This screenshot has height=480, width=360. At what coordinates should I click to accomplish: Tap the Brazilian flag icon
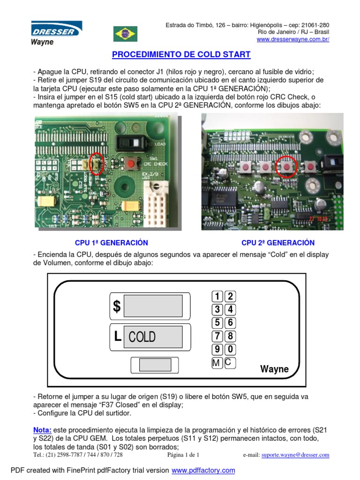point(125,34)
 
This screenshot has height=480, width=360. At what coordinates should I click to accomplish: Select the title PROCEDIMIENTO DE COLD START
point(181,55)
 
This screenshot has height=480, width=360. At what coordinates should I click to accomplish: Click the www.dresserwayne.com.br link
point(293,39)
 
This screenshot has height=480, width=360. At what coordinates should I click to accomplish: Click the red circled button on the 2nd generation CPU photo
point(285,166)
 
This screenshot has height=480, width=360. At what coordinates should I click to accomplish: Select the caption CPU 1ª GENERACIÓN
point(112,243)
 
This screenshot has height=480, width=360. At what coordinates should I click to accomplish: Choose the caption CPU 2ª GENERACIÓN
point(278,243)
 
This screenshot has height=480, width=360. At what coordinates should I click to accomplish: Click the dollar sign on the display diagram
point(117,307)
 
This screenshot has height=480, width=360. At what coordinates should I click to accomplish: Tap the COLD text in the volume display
point(142,337)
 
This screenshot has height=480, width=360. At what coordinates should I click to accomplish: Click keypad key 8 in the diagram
point(230,336)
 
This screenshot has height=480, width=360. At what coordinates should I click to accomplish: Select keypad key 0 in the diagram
point(230,349)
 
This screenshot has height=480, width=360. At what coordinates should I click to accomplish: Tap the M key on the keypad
point(217,363)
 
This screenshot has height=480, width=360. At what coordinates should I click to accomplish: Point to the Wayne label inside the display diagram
point(275,369)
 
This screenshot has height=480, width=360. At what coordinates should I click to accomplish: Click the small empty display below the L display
point(155,365)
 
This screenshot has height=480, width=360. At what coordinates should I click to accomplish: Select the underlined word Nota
point(42,429)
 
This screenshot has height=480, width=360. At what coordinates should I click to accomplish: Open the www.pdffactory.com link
point(203,470)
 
